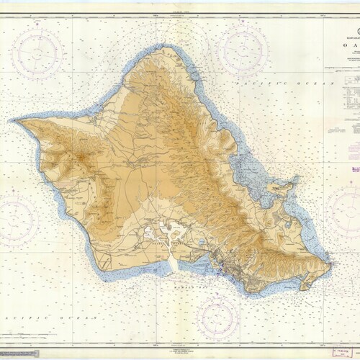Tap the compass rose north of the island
click(x=243, y=50)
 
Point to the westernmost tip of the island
click(x=16, y=120)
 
